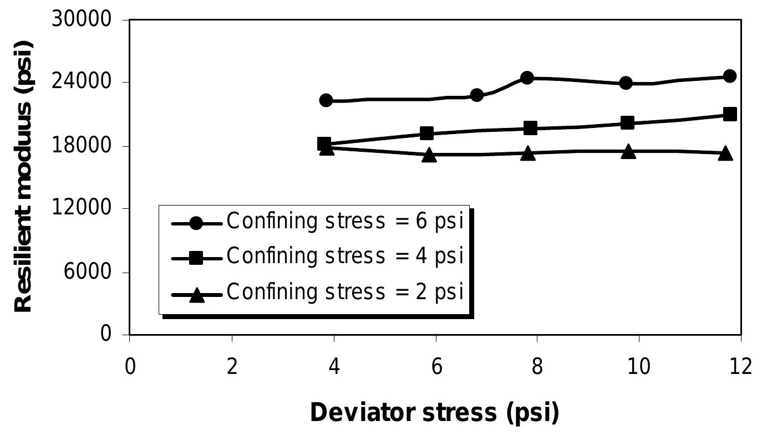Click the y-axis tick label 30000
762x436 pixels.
pyautogui.click(x=82, y=20)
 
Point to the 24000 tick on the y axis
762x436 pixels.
pyautogui.click(x=82, y=83)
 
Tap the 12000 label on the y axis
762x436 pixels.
pyautogui.click(x=82, y=209)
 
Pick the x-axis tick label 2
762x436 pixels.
pyautogui.click(x=232, y=367)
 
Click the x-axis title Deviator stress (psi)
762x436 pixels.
pyautogui.click(x=434, y=413)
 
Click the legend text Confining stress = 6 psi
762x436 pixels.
pyautogui.click(x=345, y=222)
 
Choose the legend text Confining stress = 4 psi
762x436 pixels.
pyautogui.click(x=345, y=257)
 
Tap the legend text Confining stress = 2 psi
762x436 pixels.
pyautogui.click(x=345, y=292)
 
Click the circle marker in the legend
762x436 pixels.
pyautogui.click(x=196, y=223)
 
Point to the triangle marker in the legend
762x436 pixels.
pyautogui.click(x=196, y=295)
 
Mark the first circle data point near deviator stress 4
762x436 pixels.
pyautogui.click(x=326, y=100)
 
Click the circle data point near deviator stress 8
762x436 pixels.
pyautogui.click(x=527, y=78)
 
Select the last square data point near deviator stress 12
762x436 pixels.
pyautogui.click(x=730, y=114)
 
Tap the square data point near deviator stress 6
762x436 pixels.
pyautogui.click(x=426, y=133)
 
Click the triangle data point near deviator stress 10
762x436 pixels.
pyautogui.click(x=628, y=152)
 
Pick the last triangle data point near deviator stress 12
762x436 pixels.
pyautogui.click(x=725, y=154)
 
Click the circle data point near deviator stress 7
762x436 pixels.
pyautogui.click(x=476, y=95)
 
